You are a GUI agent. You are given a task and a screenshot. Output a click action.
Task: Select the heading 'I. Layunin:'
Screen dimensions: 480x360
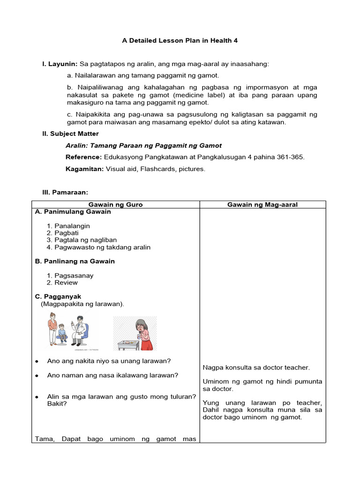point(60,64)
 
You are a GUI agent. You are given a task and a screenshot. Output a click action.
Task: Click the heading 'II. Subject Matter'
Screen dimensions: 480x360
point(71,134)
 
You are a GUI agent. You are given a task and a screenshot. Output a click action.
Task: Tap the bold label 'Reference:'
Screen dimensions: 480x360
point(83,157)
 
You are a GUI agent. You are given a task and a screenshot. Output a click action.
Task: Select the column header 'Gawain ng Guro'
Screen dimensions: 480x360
point(116,204)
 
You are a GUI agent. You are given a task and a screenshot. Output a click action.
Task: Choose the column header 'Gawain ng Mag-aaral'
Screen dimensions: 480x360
point(262,204)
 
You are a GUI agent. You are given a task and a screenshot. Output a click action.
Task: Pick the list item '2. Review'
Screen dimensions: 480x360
point(62,283)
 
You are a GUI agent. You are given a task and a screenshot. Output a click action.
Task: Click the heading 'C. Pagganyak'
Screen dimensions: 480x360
point(58,296)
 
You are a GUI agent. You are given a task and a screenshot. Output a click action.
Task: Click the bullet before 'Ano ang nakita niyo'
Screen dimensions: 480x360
point(37,361)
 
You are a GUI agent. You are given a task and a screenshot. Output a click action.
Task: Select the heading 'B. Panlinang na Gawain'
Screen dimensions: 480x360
point(75,261)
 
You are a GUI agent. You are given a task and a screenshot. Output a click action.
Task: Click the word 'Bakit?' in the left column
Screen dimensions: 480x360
point(57,403)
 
